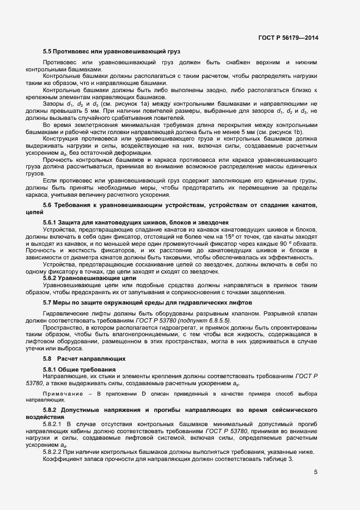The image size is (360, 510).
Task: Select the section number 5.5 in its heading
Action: click(47, 51)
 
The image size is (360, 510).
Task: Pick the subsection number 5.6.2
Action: click(50, 278)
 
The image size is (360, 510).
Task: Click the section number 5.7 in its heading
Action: click(47, 301)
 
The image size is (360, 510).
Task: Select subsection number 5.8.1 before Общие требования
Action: click(50, 370)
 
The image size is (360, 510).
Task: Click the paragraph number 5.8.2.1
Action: click(53, 422)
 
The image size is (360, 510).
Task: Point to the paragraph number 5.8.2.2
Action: click(53, 452)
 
